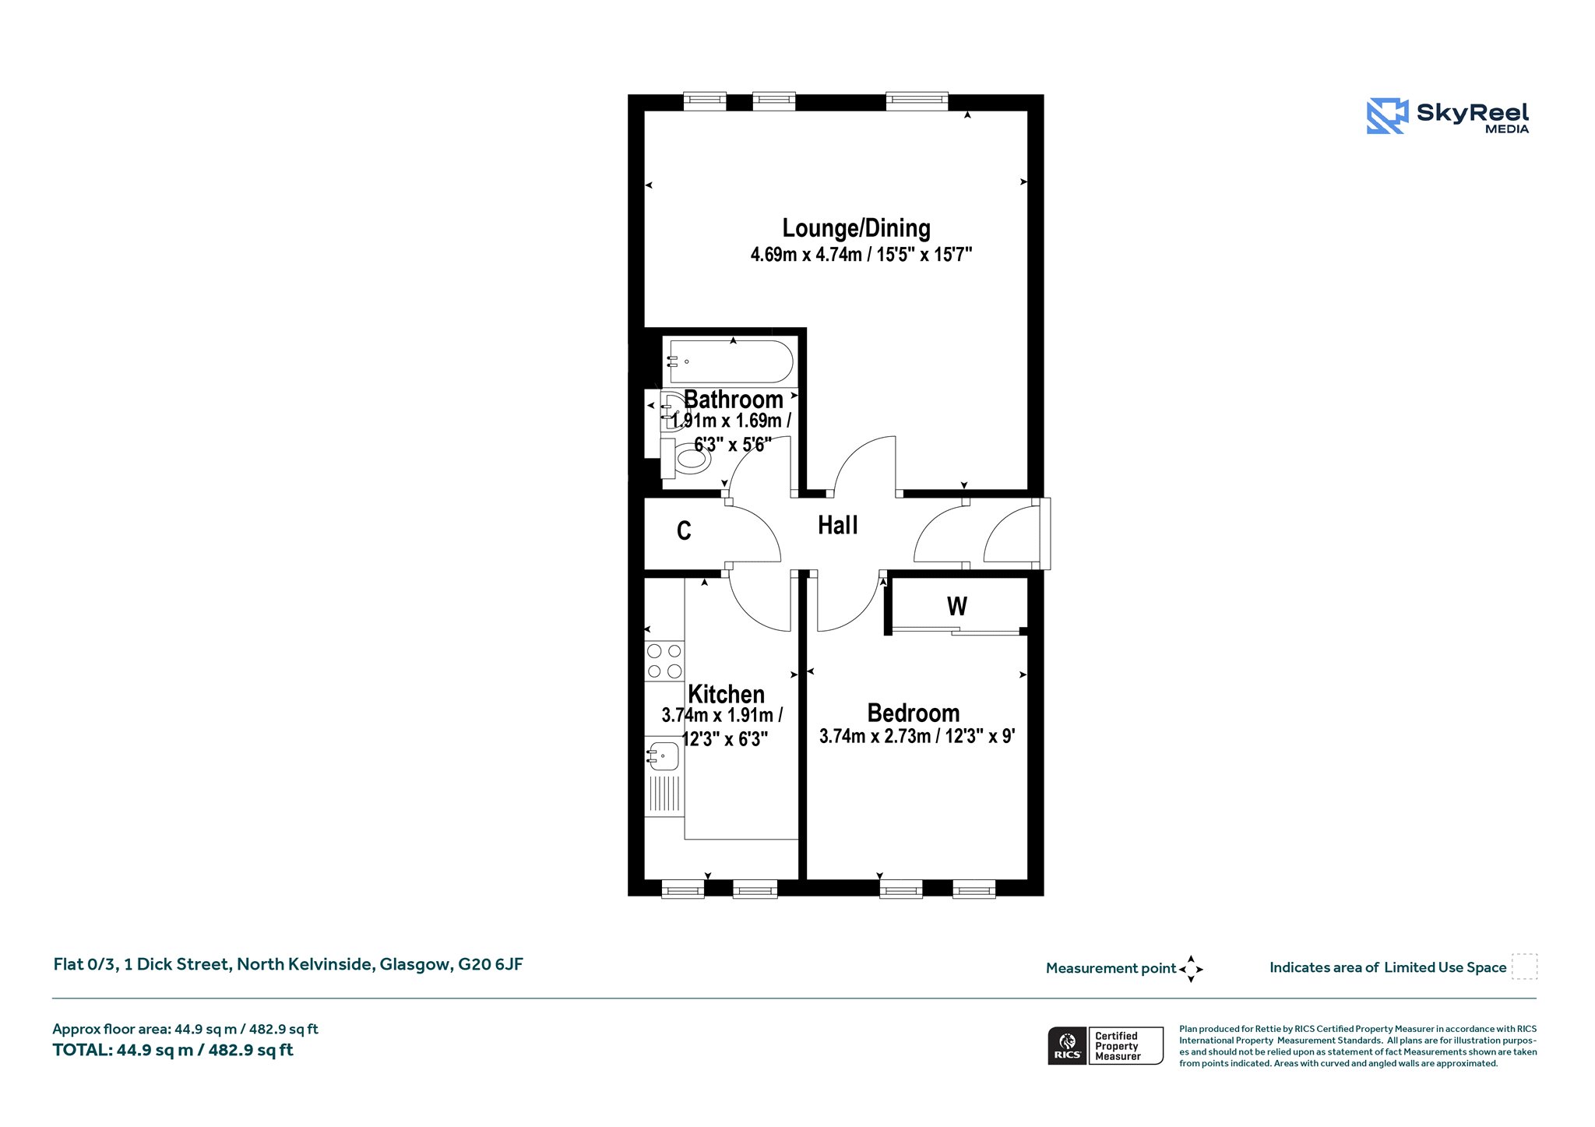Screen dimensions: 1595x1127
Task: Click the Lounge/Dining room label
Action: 856,228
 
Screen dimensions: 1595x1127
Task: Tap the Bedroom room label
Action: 914,713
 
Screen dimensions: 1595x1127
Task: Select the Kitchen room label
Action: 726,694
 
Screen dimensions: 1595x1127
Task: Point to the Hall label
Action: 838,526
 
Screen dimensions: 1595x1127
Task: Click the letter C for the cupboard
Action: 684,531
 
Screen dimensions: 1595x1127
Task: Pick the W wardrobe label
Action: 957,606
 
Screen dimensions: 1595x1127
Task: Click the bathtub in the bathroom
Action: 730,361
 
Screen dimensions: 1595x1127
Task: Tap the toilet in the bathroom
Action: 686,458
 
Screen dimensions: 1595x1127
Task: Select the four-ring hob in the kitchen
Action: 664,660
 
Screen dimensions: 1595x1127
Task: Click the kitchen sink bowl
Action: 663,755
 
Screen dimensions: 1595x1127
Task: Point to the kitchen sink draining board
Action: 664,793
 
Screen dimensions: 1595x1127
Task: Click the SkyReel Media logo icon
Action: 1387,116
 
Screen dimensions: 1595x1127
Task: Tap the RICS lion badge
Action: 1067,1046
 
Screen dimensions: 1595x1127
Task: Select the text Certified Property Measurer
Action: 1118,1046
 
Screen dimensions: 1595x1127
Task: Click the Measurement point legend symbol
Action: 1191,969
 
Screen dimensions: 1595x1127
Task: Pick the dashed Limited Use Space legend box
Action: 1524,967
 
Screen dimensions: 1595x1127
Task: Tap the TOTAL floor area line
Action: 173,1050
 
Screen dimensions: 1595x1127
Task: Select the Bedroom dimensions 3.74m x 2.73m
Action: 875,736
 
